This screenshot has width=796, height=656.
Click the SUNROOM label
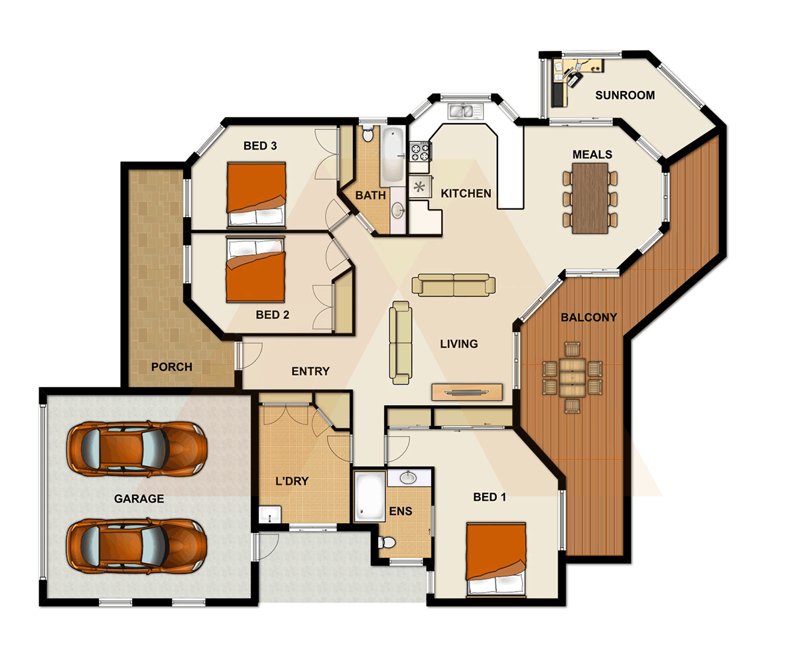coord(624,95)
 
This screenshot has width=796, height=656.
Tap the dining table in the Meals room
coord(590,198)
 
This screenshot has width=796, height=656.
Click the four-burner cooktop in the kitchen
coord(420,153)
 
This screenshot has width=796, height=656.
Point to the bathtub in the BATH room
coord(391,156)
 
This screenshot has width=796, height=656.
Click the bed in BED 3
coord(256,195)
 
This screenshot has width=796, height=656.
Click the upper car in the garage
coord(137,450)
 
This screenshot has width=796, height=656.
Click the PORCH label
coord(171,367)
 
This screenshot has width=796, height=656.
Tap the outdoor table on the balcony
coord(572,376)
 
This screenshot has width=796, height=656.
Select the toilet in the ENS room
coord(387,542)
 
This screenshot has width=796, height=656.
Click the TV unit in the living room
coord(467,392)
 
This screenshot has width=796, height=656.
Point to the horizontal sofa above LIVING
coord(454,285)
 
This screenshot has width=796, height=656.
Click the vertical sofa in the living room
coord(400,342)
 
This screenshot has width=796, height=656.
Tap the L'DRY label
coord(292,481)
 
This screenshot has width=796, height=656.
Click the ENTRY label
coord(310,371)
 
